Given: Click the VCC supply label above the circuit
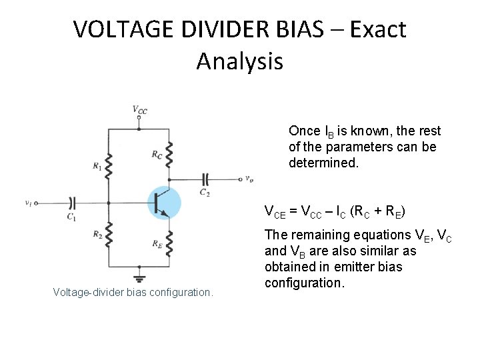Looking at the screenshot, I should pyautogui.click(x=140, y=109).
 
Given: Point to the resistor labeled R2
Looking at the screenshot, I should pyautogui.click(x=107, y=235).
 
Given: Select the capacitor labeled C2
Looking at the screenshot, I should pyautogui.click(x=206, y=179).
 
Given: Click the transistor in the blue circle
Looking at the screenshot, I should pyautogui.click(x=161, y=202).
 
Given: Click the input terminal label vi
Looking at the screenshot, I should pyautogui.click(x=27, y=202).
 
